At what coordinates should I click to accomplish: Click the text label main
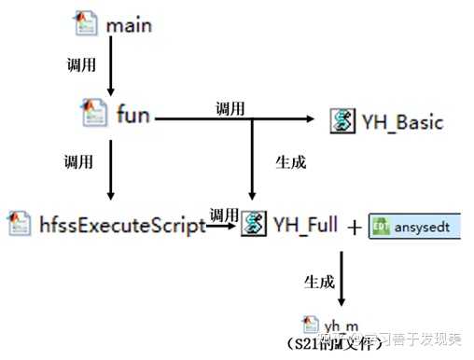[x=129, y=25]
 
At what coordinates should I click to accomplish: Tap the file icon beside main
[x=87, y=21]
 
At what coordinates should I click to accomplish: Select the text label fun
[x=132, y=118]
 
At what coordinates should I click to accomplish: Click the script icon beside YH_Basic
[x=343, y=120]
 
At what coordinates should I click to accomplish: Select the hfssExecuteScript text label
[x=121, y=225]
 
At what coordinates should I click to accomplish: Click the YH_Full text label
[x=305, y=225]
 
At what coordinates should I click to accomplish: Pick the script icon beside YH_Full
[x=252, y=224]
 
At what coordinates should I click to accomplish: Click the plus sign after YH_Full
[x=355, y=227]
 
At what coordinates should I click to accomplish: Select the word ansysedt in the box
[x=424, y=227]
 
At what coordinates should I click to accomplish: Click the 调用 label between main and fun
[x=78, y=68]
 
